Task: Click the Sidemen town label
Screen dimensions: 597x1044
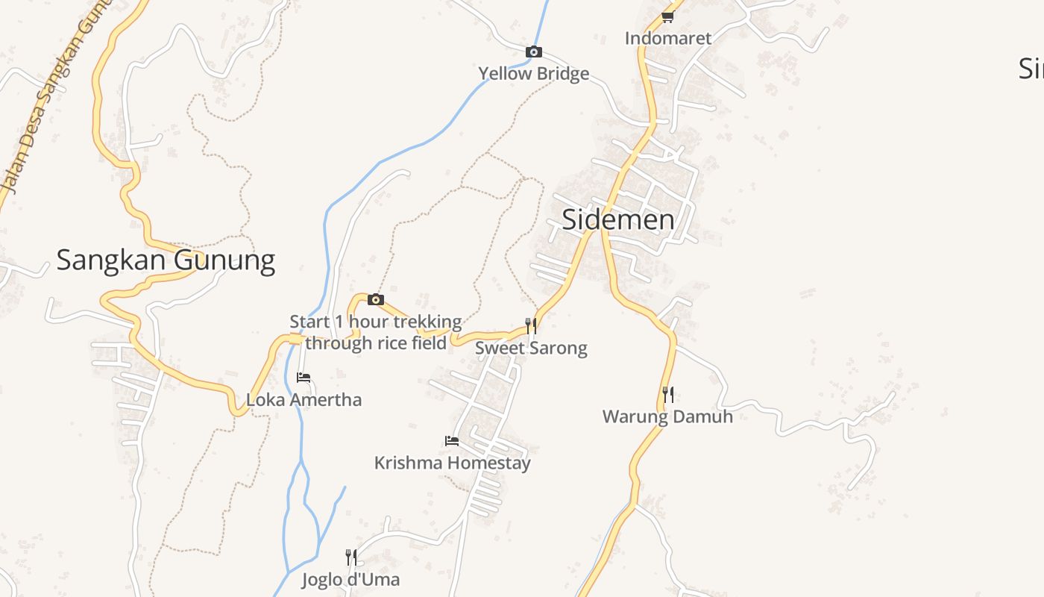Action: [617, 219]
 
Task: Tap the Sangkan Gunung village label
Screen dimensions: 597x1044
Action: [166, 260]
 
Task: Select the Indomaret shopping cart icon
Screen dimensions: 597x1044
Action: [667, 16]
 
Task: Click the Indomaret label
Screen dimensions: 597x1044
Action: [668, 38]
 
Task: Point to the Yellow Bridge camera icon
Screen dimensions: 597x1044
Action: [533, 51]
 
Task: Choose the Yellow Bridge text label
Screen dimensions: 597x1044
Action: [533, 73]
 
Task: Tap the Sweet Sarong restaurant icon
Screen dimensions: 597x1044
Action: [531, 325]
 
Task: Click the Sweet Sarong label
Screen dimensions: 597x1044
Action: [531, 348]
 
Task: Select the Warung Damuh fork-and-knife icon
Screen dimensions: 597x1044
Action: [668, 394]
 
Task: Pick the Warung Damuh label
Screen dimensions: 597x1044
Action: [667, 416]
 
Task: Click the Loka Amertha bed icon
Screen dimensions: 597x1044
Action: [304, 378]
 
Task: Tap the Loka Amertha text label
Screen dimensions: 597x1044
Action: [304, 399]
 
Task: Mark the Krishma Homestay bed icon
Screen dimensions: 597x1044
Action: [452, 441]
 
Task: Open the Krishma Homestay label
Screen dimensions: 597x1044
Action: [452, 463]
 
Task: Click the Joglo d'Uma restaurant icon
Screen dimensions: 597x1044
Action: [350, 557]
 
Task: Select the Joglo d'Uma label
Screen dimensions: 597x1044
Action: [350, 579]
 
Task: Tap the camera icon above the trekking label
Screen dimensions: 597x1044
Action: [376, 300]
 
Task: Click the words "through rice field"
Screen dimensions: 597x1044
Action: [376, 343]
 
